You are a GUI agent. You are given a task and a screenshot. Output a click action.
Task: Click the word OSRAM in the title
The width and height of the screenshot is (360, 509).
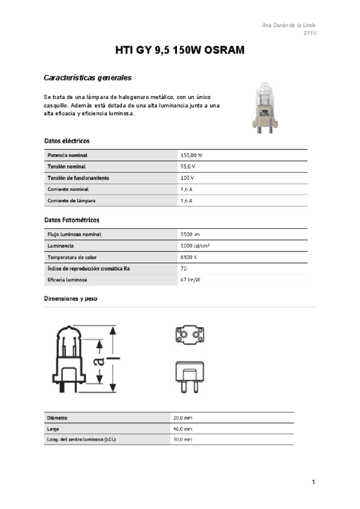(x=224, y=51)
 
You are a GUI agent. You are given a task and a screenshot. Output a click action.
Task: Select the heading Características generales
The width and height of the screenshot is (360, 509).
(x=88, y=78)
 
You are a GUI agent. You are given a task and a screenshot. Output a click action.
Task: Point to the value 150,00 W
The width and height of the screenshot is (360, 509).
(x=191, y=155)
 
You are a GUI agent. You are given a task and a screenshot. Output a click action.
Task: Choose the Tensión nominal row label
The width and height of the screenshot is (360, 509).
(x=67, y=166)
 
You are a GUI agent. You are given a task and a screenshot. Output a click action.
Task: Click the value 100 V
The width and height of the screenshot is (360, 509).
(x=187, y=178)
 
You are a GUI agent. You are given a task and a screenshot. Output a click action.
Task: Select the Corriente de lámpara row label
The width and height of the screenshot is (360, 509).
(x=71, y=200)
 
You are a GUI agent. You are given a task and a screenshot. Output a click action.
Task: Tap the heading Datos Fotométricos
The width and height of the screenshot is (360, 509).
(x=72, y=220)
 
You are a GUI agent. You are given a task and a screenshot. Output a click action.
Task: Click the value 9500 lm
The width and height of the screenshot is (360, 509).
(x=190, y=234)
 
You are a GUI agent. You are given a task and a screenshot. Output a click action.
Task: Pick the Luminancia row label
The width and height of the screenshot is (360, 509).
(x=61, y=245)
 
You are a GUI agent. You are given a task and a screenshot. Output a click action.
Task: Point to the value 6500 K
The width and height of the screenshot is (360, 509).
(x=188, y=257)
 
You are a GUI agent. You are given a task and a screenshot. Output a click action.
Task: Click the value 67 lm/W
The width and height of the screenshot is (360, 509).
(x=190, y=280)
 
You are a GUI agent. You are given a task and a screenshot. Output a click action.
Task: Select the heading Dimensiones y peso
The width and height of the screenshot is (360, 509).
(x=71, y=298)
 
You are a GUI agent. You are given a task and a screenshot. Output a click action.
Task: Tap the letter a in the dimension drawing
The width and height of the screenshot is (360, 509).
(x=100, y=360)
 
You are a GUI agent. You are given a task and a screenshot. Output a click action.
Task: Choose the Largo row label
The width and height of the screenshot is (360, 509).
(x=53, y=429)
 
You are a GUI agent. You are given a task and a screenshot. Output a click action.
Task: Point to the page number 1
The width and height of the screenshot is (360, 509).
(x=313, y=482)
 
